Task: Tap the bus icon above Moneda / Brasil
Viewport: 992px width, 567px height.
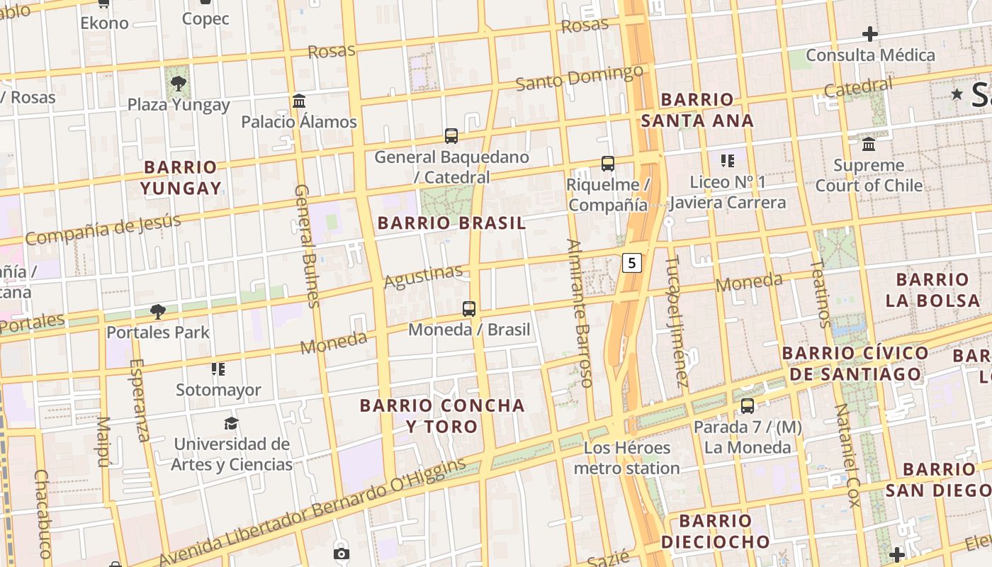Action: point(469,309)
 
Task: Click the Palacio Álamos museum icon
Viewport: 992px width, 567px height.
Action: point(299,101)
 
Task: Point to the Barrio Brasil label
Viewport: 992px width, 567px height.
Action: point(451,223)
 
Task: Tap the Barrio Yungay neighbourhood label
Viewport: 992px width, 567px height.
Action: point(181,178)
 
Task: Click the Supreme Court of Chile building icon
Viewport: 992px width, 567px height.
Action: point(869,145)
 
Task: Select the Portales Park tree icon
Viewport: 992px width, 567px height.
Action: point(158,311)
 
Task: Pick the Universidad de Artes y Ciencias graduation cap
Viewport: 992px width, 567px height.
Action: point(231,424)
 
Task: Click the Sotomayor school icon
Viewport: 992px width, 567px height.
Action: point(218,369)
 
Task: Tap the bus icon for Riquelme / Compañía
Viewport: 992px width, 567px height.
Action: point(607,164)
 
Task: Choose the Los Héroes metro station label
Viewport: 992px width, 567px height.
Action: point(626,458)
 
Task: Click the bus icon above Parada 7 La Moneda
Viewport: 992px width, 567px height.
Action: point(748,406)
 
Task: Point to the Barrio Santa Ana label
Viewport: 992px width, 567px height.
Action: point(697,110)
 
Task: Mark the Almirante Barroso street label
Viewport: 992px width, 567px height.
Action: point(579,313)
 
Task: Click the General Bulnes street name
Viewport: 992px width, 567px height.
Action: point(307,246)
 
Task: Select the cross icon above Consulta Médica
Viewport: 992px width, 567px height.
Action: point(869,34)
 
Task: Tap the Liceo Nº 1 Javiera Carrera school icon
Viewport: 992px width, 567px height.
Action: point(727,161)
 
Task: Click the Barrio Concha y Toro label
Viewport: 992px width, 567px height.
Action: point(442,416)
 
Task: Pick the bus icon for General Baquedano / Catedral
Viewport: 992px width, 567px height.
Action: point(451,135)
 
